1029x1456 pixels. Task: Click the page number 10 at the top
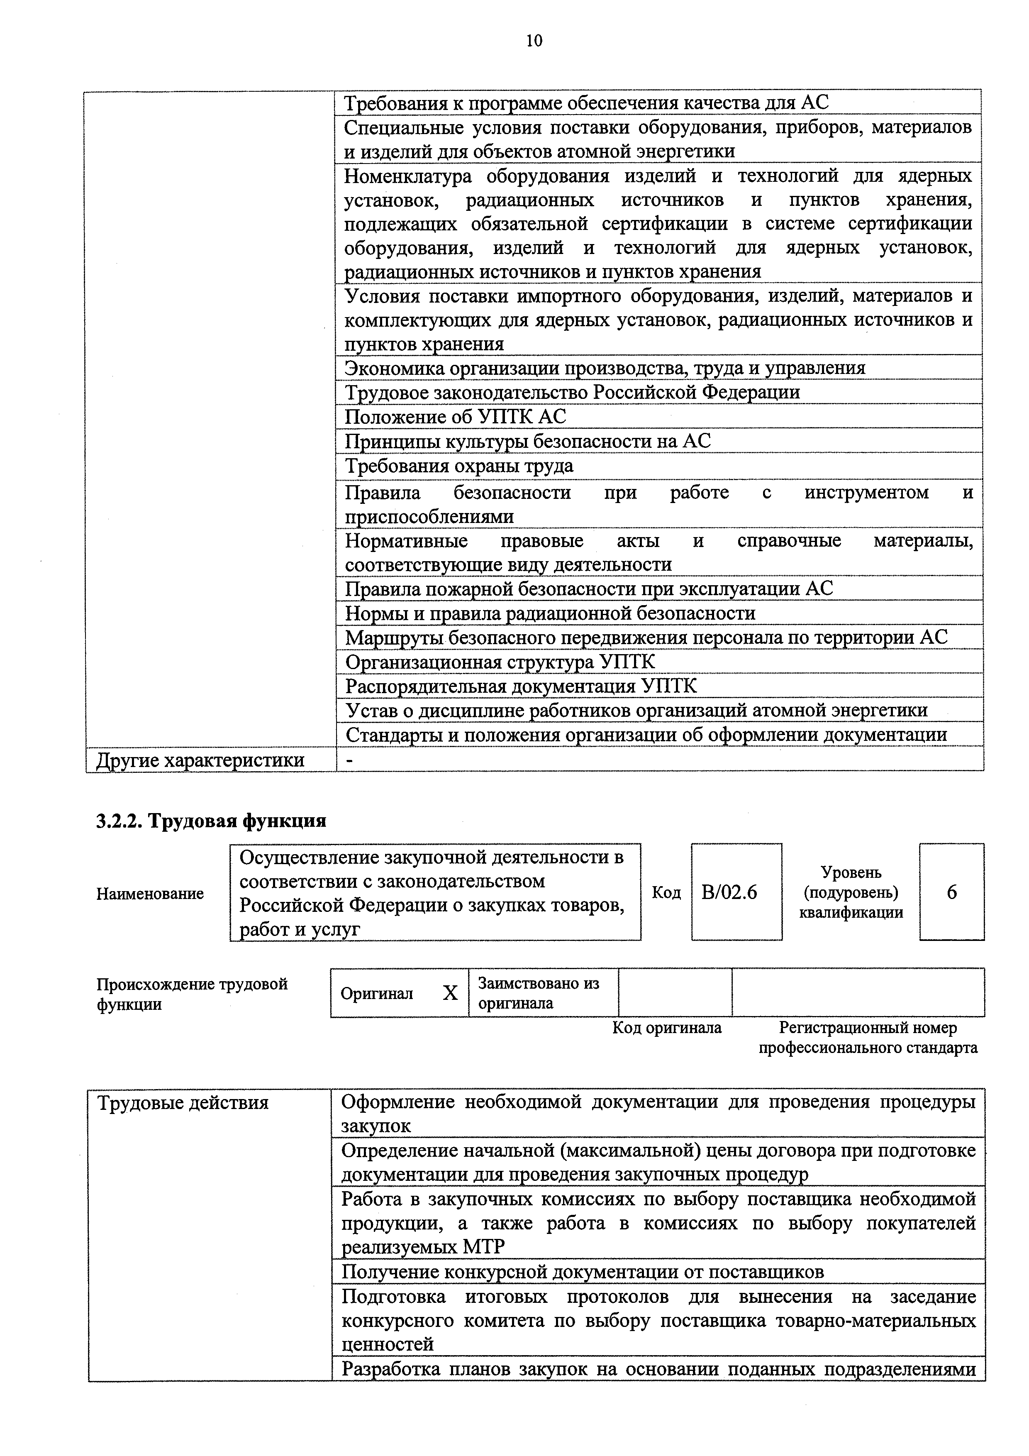click(x=534, y=41)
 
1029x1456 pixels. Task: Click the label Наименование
click(x=150, y=894)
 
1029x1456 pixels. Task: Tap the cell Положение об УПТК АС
click(x=455, y=417)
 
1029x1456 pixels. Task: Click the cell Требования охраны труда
click(x=459, y=466)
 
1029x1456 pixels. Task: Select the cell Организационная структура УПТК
click(x=500, y=662)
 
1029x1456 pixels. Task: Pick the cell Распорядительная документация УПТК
click(x=521, y=686)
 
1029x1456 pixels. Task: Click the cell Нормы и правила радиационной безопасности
click(x=550, y=613)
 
